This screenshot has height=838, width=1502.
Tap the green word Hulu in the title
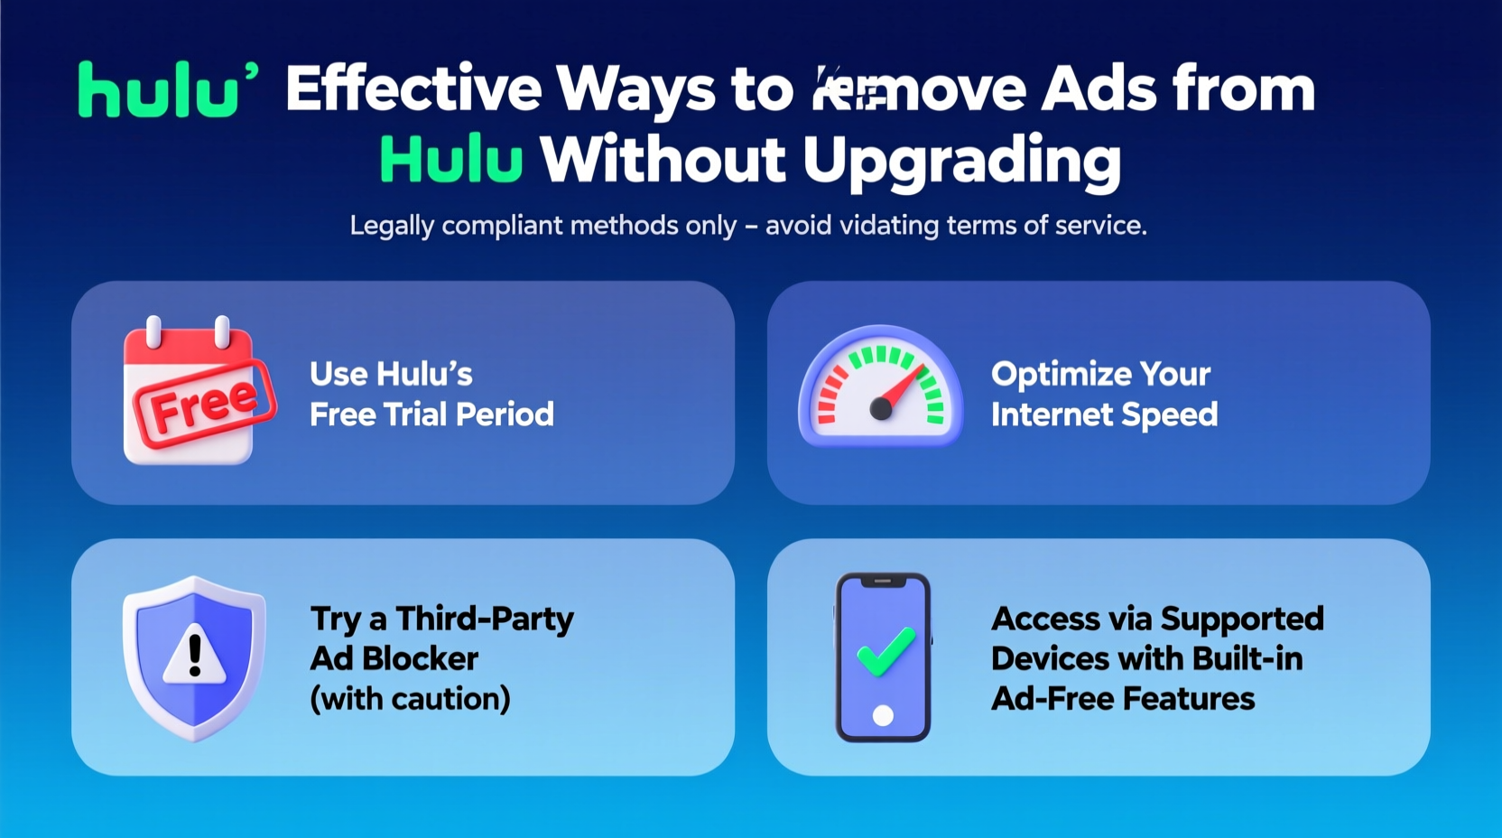(451, 159)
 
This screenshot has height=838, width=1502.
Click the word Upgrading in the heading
(961, 161)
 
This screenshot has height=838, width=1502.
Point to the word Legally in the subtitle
(392, 225)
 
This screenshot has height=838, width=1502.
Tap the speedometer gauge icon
(880, 386)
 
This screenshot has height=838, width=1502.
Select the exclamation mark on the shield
(195, 654)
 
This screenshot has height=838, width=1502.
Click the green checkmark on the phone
(885, 651)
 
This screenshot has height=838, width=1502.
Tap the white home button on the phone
(883, 716)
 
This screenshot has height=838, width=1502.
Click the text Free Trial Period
(431, 414)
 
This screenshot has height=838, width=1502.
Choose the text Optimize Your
(1100, 374)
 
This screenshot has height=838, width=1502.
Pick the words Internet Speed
(1104, 414)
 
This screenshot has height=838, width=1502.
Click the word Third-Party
(485, 619)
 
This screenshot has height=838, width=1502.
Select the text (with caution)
(410, 698)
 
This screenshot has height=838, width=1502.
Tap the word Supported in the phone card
(1241, 619)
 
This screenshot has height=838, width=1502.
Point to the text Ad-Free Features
(1123, 698)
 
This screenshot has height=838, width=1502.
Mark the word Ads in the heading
(1099, 88)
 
